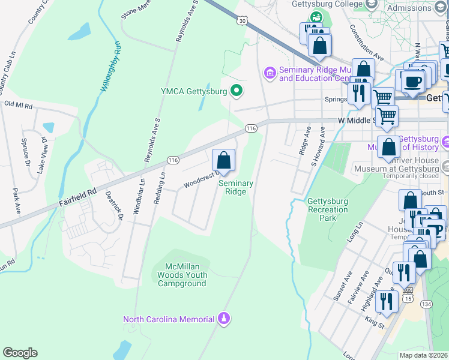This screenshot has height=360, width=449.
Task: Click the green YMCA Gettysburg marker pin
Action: coord(237,92)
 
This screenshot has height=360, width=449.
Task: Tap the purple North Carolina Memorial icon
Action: coord(223,318)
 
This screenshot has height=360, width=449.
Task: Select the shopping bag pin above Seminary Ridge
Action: coord(223,161)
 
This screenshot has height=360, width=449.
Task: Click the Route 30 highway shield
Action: coord(242,20)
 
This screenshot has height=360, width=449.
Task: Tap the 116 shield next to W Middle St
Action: coord(251,128)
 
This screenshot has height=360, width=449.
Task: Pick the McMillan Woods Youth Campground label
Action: coord(182,275)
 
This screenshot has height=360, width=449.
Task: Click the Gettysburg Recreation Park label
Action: coord(328,210)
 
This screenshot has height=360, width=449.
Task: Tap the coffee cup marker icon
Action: coord(412,82)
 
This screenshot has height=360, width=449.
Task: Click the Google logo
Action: coord(20,353)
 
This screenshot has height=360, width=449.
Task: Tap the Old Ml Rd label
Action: coord(18,104)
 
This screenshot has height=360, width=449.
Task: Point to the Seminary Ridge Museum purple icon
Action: coord(270,73)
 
